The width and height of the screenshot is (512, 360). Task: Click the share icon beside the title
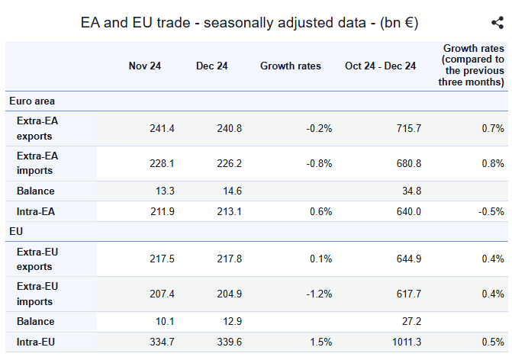(x=498, y=23)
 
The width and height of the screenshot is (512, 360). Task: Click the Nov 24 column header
(x=145, y=66)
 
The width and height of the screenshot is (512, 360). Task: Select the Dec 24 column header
(x=211, y=66)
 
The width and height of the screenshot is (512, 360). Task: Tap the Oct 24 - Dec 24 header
(x=381, y=66)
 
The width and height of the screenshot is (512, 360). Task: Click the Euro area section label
(x=32, y=101)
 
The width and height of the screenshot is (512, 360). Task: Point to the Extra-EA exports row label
(x=37, y=128)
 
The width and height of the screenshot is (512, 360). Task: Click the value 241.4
(x=162, y=128)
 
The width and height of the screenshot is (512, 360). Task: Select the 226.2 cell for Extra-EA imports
(x=229, y=163)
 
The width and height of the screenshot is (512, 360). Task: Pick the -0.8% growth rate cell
(x=319, y=163)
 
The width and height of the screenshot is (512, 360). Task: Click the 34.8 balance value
(x=411, y=191)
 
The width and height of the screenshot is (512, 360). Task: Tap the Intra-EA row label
(x=36, y=211)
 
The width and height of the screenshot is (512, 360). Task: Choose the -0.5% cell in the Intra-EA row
(x=491, y=211)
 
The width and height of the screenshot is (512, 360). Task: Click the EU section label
(x=16, y=231)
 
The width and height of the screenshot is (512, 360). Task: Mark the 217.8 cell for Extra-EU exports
(x=229, y=259)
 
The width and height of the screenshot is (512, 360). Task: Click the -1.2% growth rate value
(x=319, y=294)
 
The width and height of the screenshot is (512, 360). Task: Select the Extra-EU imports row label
(x=37, y=294)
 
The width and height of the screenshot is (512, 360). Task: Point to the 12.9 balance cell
(x=232, y=322)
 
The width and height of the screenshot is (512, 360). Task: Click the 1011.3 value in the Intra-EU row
(x=407, y=342)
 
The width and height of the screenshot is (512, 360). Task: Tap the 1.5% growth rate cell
(x=321, y=342)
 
